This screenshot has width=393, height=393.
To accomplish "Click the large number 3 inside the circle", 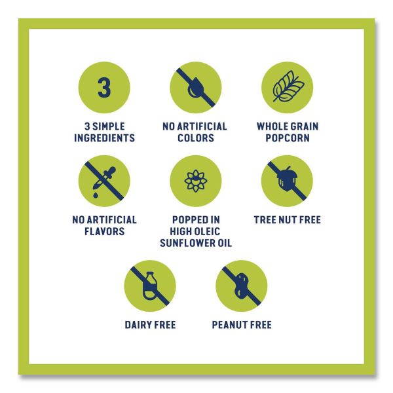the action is pos(104,88).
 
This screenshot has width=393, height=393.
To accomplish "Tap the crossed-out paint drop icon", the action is pos(196,88).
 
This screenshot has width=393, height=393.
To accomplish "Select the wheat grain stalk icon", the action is pos(288,86).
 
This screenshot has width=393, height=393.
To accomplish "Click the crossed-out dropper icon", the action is pos(104,181).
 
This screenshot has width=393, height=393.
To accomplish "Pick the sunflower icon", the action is pos(196,181).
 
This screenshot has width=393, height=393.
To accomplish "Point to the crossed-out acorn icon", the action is pos(288,181).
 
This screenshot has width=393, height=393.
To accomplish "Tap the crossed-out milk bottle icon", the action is pos(150,286).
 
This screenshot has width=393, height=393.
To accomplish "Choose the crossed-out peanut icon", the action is pos(242,286).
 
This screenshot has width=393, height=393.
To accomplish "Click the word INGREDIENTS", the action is pos(105,138).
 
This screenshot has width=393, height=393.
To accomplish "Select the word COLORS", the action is pos(196,138).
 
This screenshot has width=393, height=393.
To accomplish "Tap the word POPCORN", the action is pos(288,138).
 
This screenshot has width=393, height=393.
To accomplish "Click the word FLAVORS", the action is pos(105,231).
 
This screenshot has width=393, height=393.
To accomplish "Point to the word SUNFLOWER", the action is pos(186,243).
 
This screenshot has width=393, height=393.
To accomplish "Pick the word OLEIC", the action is pos(206,231).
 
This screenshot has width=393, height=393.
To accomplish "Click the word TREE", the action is pos(265,220).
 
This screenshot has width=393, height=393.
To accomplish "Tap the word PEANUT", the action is pos(228,325).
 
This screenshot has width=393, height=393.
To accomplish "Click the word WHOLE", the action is pos(271,126).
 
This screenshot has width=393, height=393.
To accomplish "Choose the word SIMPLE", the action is pos(109,126).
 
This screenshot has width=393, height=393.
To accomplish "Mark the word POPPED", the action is pos(189,220).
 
